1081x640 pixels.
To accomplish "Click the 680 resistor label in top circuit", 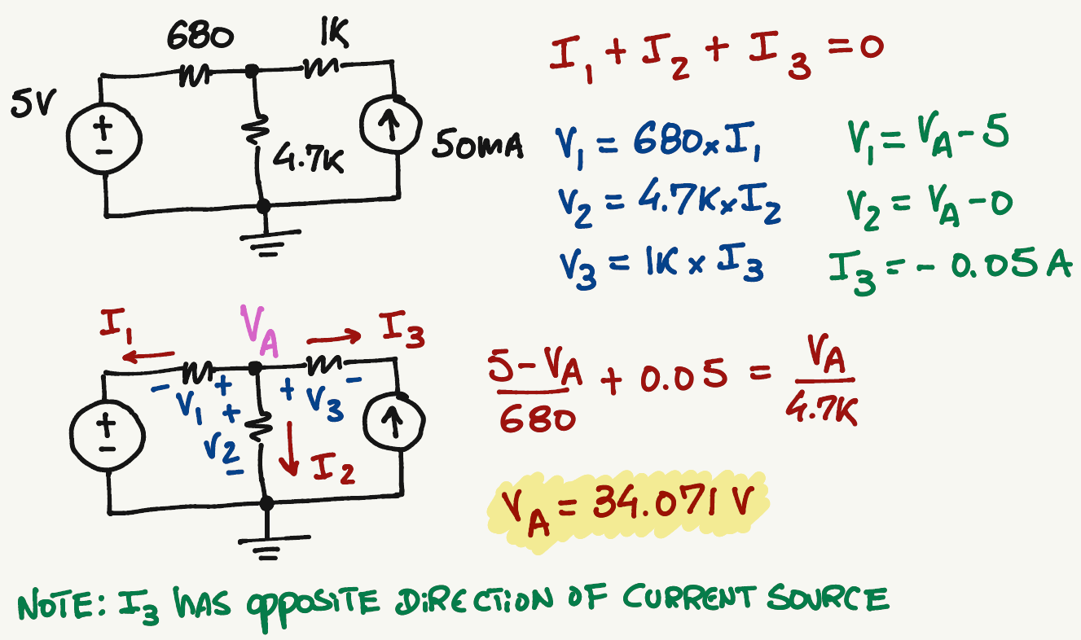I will [x=200, y=35].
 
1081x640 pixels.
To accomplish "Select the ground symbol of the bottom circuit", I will [x=266, y=543].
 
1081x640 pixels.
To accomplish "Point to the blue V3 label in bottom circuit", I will [x=323, y=399].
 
